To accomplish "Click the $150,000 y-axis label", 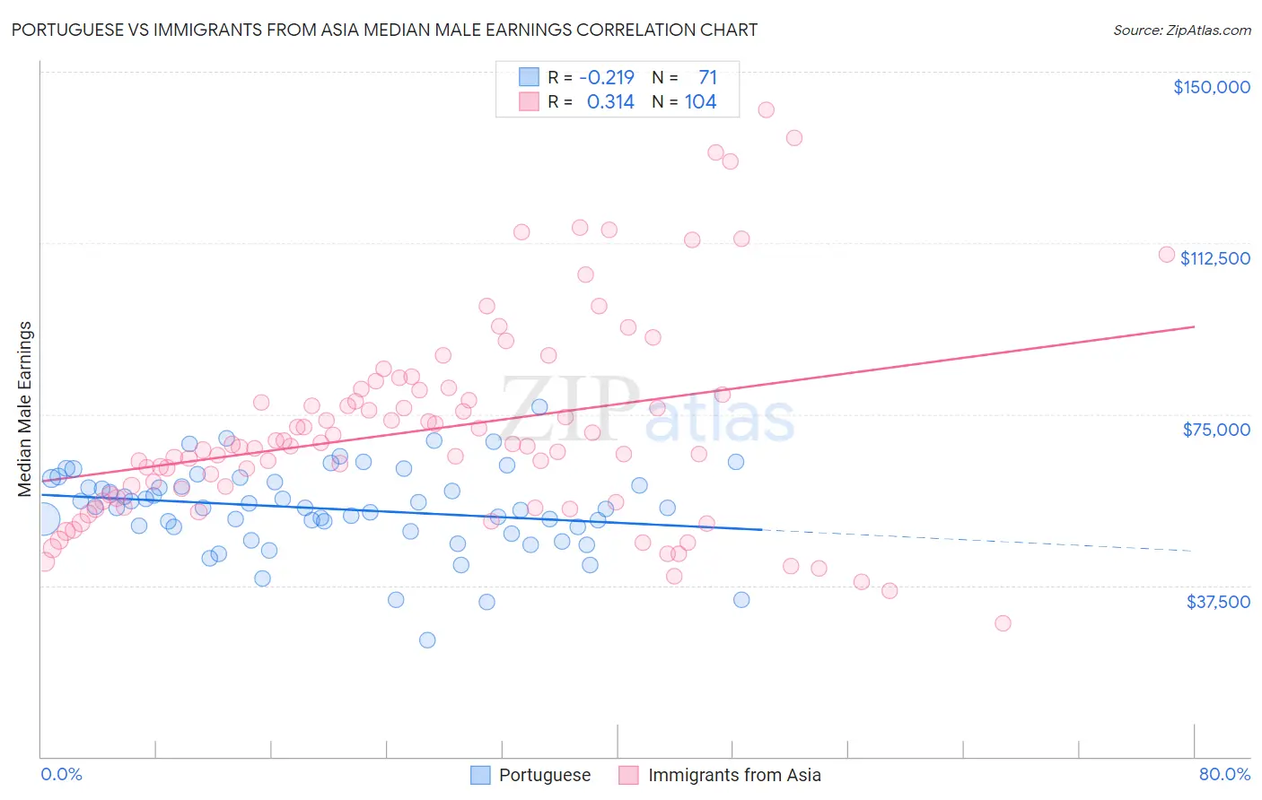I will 1211,87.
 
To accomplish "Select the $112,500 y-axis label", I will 1214,258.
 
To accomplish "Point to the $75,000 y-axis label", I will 1216,430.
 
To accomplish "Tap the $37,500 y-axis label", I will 1218,602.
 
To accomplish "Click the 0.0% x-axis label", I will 61,775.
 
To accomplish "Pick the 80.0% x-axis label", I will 1224,775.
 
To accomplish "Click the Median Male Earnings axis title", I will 25,409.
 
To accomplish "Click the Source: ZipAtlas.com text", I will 1181,30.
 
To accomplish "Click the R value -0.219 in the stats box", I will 606,77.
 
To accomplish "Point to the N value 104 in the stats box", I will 700,101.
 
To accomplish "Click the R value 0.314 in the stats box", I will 610,101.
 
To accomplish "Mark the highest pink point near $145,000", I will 766,109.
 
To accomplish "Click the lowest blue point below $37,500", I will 427,639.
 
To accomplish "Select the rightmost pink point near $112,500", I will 1167,254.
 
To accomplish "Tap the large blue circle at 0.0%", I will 42,519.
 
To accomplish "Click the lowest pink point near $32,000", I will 1003,623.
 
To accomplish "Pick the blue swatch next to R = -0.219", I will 529,77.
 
